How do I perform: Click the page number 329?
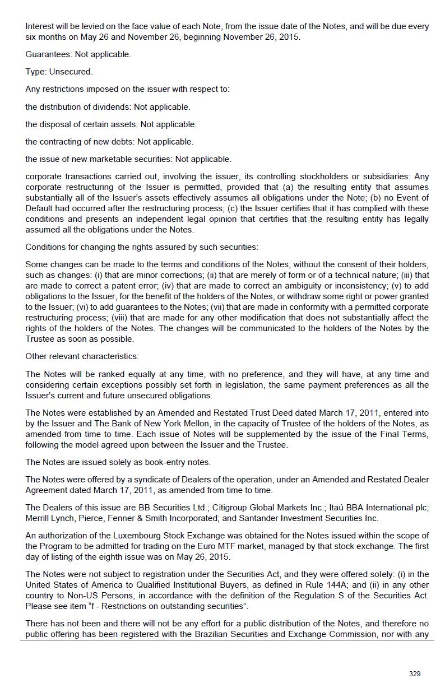click(415, 673)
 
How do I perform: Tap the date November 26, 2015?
click(262, 37)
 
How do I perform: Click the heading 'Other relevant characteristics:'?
click(82, 356)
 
